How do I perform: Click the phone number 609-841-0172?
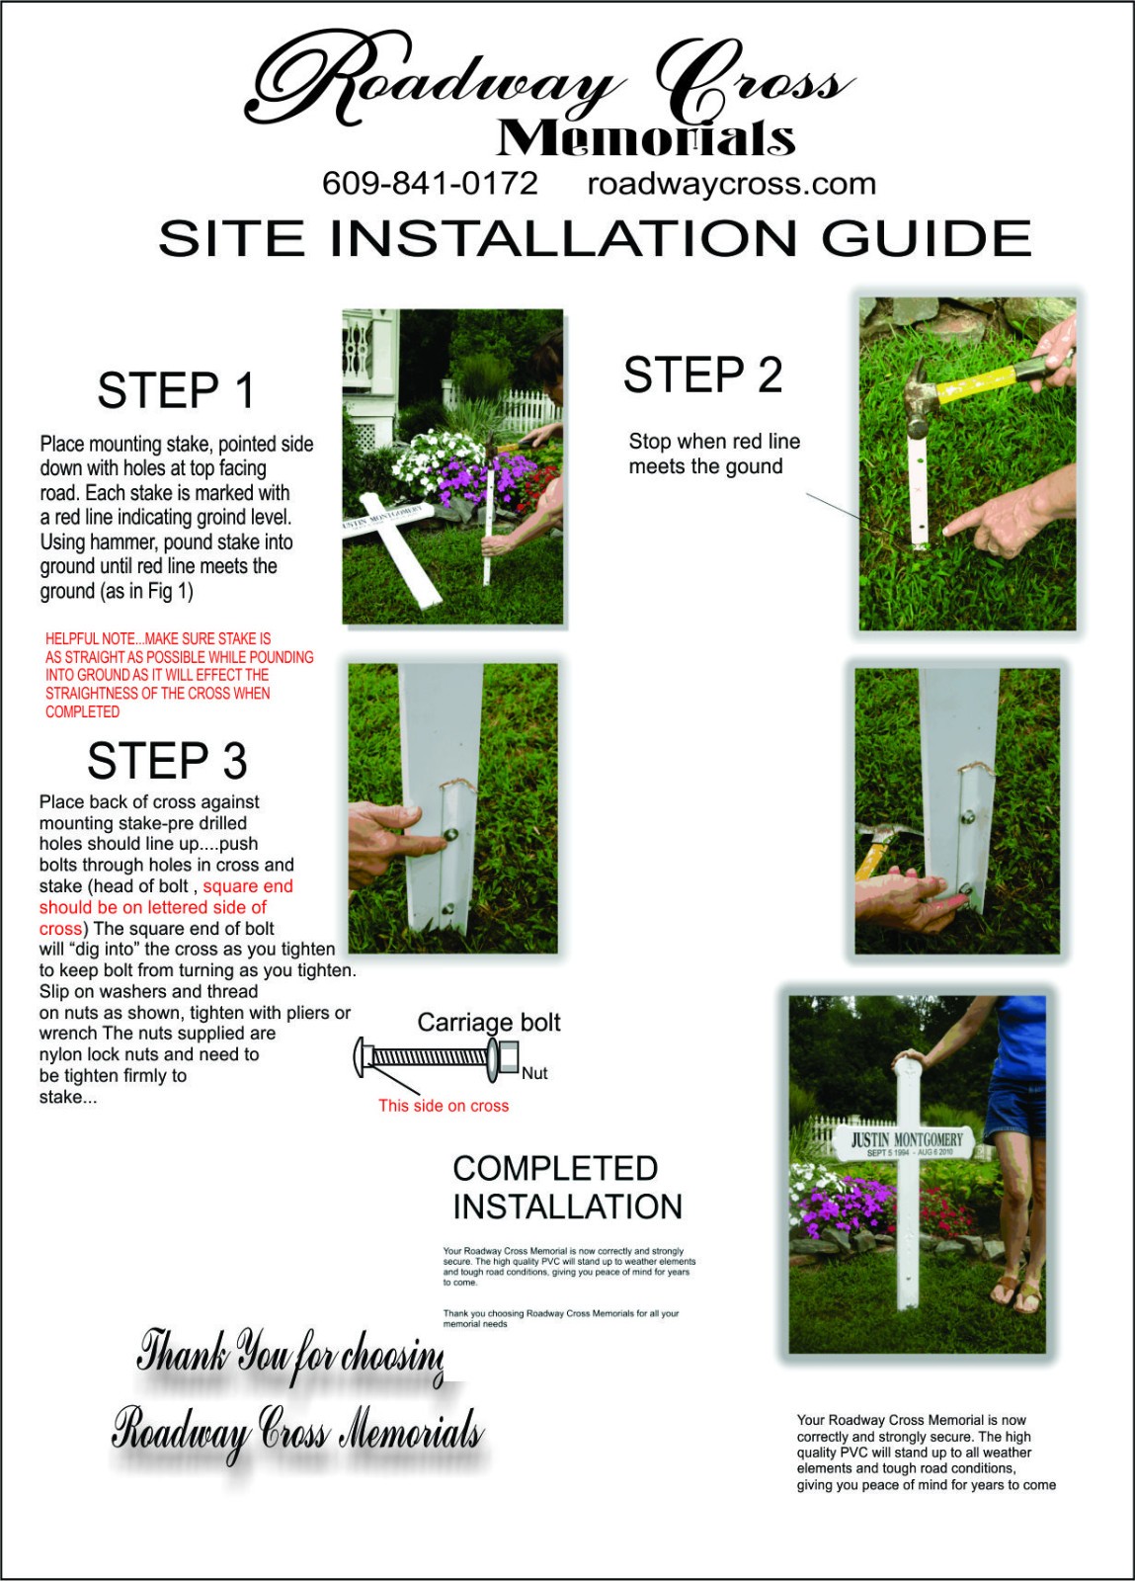[x=430, y=184]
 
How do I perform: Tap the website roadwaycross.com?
[x=732, y=184]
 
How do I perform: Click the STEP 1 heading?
[x=176, y=390]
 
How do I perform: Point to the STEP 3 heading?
[x=167, y=760]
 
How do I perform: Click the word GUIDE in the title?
[x=927, y=238]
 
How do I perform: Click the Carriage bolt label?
[x=489, y=1022]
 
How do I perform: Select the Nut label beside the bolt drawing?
[x=534, y=1073]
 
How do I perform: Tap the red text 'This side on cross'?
[x=443, y=1106]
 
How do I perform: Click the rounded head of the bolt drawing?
[x=361, y=1057]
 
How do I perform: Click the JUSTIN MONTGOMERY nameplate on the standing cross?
[x=905, y=1143]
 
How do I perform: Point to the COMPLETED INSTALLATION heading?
[x=567, y=1188]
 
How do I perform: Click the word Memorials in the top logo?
[x=646, y=138]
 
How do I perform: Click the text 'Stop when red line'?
[x=714, y=442]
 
